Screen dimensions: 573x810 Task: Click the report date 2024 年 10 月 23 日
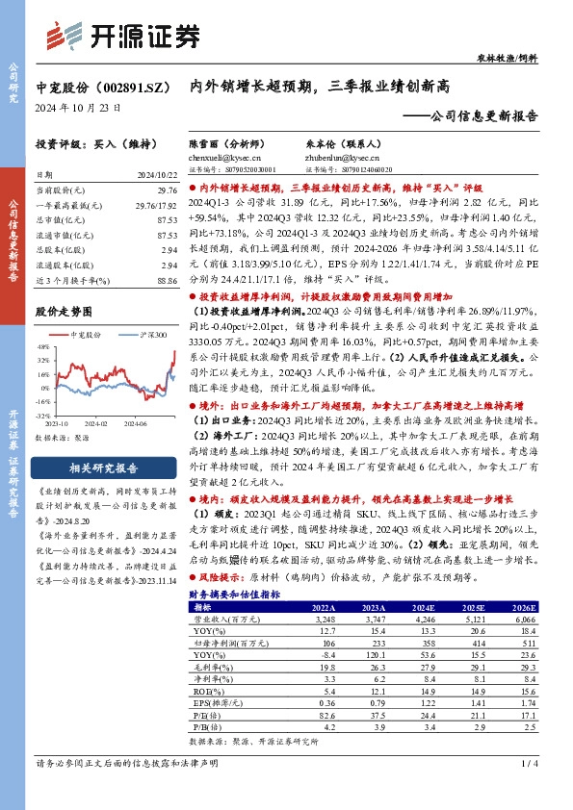pyautogui.click(x=78, y=109)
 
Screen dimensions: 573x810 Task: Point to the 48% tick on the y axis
pyautogui.click(x=44, y=345)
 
